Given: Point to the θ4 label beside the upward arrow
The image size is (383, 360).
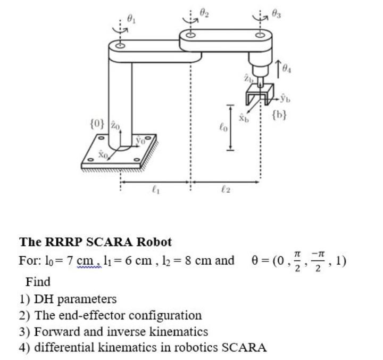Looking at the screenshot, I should tap(287, 68).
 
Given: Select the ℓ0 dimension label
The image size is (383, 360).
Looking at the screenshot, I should tap(223, 127).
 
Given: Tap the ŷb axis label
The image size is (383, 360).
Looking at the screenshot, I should tap(286, 99).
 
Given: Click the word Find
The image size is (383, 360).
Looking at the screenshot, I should tap(38, 281).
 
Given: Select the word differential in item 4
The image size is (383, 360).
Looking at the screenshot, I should tap(63, 348).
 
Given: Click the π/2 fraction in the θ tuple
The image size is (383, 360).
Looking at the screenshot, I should tap(299, 261).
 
